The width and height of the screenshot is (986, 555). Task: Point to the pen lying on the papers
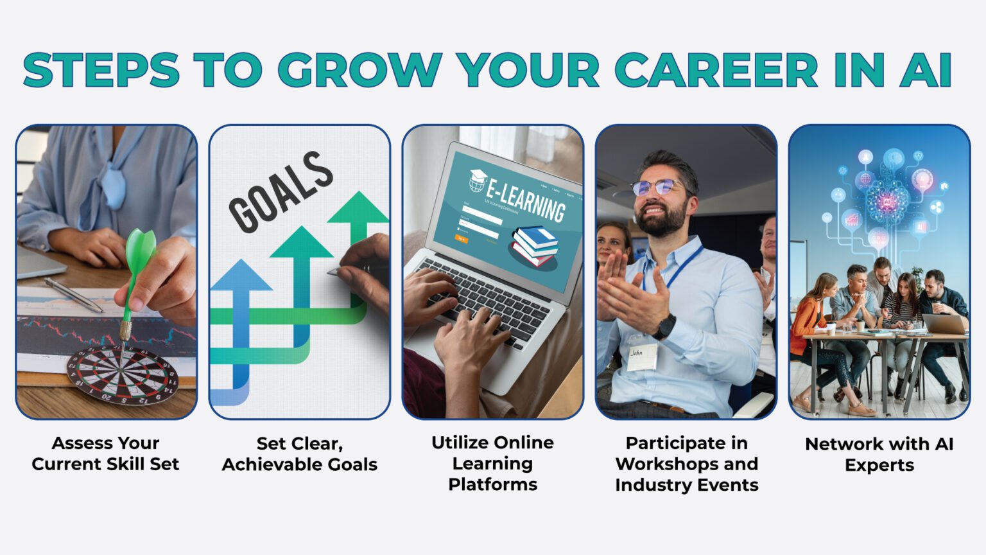pos(73,295)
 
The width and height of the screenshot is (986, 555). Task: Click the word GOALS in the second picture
pos(281,191)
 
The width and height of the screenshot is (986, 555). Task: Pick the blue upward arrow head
pos(241,275)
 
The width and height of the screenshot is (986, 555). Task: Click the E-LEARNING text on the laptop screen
pos(525,200)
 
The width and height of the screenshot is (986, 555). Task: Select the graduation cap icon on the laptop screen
pos(477,180)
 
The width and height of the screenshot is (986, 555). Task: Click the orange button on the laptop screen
pos(461,239)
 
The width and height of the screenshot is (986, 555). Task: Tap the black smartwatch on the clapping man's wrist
pos(664,326)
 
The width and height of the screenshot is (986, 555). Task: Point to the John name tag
pos(641,357)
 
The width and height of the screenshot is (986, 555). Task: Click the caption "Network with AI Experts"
pos(879,454)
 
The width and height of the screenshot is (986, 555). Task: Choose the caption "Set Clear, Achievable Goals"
pos(299,454)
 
